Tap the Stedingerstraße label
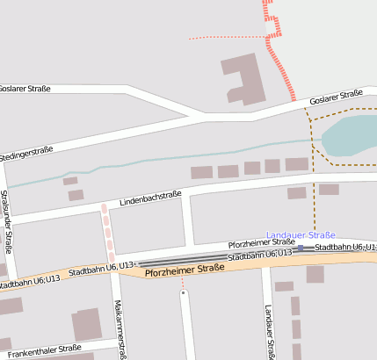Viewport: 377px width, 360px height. point(26,152)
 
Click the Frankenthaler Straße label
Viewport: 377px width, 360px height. point(39,349)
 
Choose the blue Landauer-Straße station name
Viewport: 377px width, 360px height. point(301,235)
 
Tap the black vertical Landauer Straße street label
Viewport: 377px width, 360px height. point(268,332)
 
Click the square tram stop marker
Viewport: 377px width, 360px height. point(301,248)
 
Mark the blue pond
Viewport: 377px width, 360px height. point(350,137)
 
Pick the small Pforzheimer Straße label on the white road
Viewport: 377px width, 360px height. point(261,242)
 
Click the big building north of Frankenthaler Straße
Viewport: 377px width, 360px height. point(86,324)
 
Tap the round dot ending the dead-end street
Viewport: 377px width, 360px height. point(183,293)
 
